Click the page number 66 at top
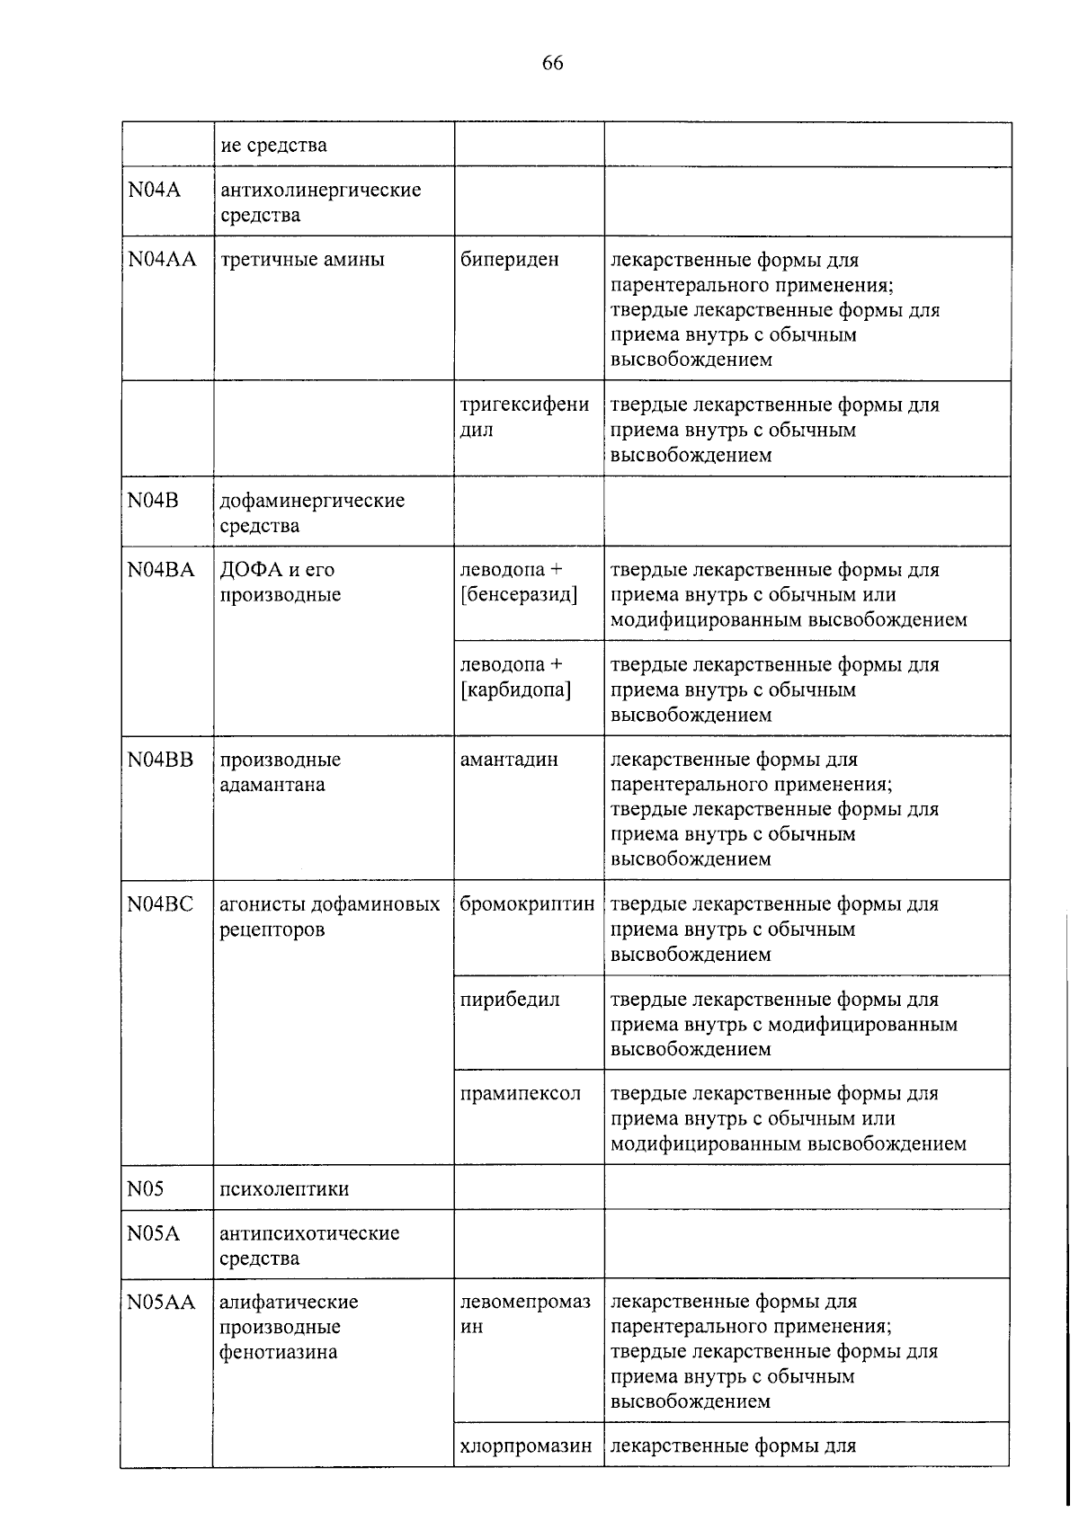click(x=552, y=63)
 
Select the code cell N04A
click(x=154, y=191)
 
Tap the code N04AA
click(x=162, y=260)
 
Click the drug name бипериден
click(x=509, y=260)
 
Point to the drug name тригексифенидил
click(x=524, y=417)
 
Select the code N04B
click(x=153, y=501)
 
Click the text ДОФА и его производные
click(x=280, y=583)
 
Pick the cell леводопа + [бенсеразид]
click(x=518, y=583)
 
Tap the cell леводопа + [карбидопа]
click(x=515, y=678)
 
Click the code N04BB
click(x=160, y=760)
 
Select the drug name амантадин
click(x=509, y=760)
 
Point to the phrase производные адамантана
click(x=280, y=772)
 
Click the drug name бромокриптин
click(x=527, y=904)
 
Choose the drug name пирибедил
click(x=509, y=1000)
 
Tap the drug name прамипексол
click(x=520, y=1094)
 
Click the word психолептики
click(x=284, y=1189)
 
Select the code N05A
click(x=153, y=1233)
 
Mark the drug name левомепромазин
click(x=525, y=1314)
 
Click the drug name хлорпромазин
click(x=526, y=1446)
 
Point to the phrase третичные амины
click(x=302, y=260)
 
